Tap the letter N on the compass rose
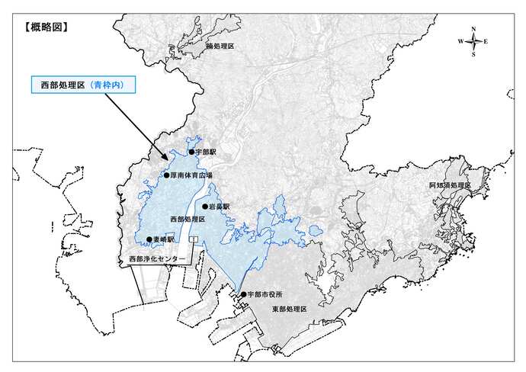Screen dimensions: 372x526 [x=473, y=29]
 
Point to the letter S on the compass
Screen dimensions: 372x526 [x=473, y=55]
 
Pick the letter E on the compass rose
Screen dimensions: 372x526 [x=486, y=42]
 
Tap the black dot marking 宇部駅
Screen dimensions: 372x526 [x=191, y=152]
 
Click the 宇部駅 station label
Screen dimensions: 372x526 [x=206, y=152]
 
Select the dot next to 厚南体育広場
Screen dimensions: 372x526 [x=166, y=175]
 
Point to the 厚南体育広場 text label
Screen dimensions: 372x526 [x=191, y=175]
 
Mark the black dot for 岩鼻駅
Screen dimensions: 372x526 [x=204, y=207]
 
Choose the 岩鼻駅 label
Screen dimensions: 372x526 [x=219, y=207]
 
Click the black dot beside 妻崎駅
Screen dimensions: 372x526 [x=149, y=239]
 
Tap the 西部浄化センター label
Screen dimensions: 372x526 [x=156, y=259]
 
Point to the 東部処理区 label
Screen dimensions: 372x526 [x=289, y=309]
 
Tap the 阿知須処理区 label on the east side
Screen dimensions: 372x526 [x=451, y=186]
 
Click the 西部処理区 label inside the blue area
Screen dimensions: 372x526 [x=188, y=220]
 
